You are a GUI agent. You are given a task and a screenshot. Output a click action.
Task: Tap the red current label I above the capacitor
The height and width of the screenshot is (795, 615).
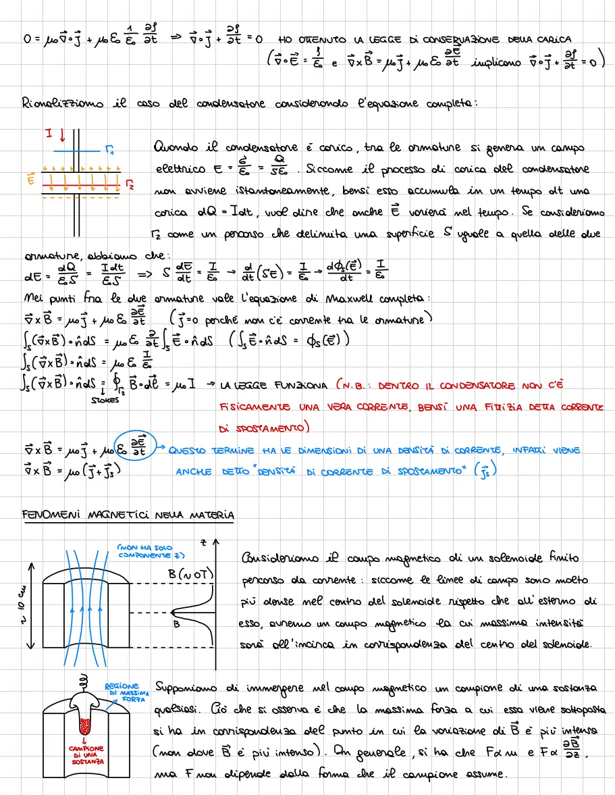click(x=49, y=134)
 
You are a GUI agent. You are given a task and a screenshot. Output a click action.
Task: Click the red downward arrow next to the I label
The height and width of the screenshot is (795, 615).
click(x=62, y=136)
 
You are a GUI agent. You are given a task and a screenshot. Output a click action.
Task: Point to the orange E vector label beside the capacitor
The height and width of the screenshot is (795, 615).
click(x=30, y=180)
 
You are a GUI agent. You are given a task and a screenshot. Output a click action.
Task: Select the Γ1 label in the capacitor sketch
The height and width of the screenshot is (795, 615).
click(x=110, y=151)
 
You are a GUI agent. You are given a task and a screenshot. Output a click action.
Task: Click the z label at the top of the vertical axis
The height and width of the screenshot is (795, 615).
click(x=203, y=542)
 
